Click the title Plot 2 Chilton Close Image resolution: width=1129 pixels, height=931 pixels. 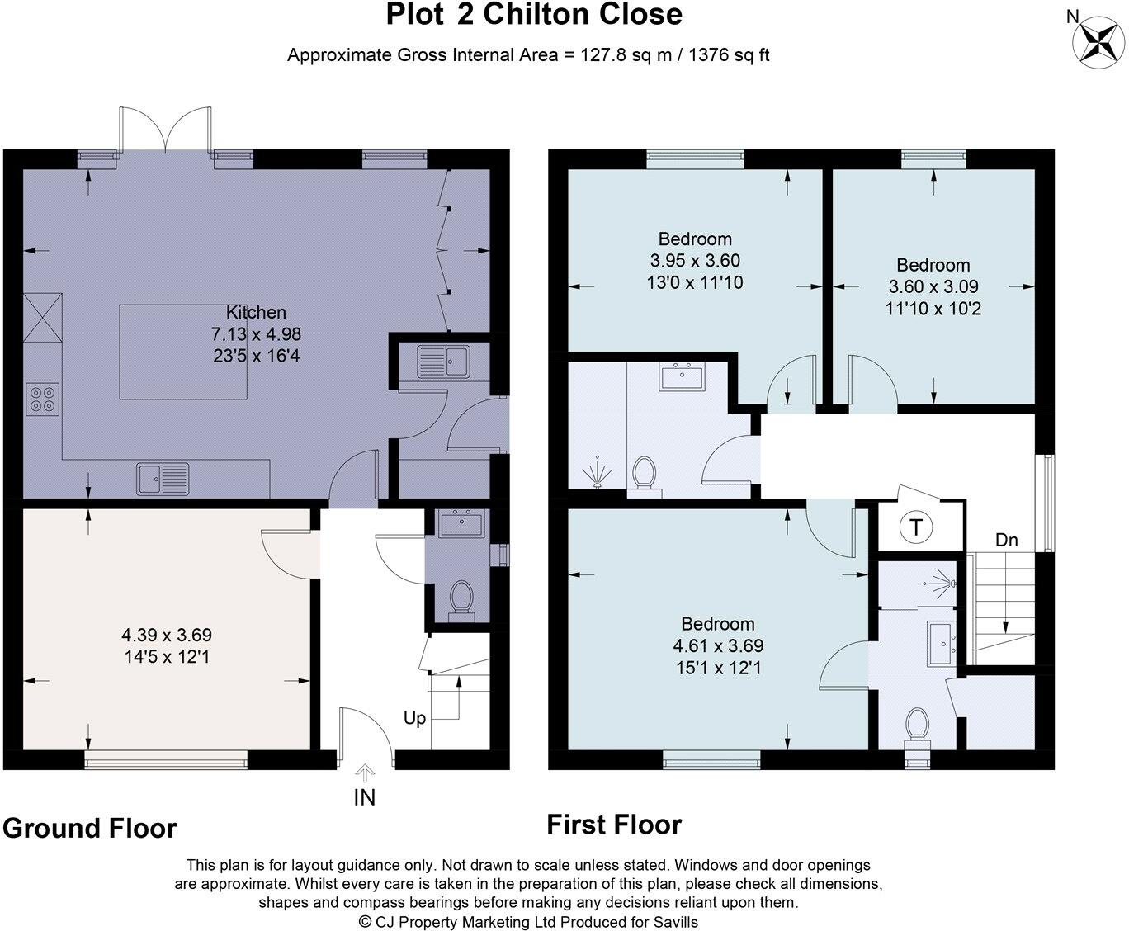coord(535,15)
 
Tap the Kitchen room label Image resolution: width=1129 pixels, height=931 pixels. coord(256,312)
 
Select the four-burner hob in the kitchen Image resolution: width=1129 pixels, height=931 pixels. coord(42,399)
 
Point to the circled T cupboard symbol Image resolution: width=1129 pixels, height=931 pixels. coord(916,527)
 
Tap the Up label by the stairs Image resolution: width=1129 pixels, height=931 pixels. coord(414,718)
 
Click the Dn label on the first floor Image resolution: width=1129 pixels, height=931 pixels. coord(1006,541)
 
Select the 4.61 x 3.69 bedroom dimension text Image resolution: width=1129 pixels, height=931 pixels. coord(718,645)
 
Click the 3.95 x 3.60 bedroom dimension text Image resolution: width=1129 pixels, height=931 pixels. coord(695,261)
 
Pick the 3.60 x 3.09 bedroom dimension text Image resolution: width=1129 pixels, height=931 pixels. coord(933,287)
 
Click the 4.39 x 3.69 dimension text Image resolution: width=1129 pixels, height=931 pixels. coord(167,635)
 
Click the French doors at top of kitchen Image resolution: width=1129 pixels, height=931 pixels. coord(165,130)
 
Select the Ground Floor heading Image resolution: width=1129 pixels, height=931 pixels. coord(89,828)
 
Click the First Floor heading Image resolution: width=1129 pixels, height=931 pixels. coord(614,825)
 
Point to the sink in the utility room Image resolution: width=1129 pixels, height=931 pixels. coord(443,360)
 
